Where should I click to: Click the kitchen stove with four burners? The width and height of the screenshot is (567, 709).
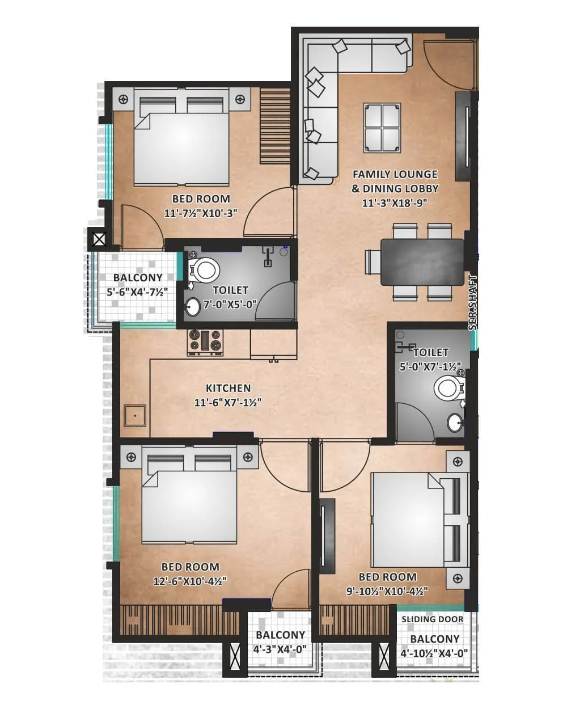pos(205,343)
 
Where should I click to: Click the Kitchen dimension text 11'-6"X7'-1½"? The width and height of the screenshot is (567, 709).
pos(227,403)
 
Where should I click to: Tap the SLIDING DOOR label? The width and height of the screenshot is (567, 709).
pos(432,619)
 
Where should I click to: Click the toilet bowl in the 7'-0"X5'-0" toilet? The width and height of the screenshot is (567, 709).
pos(205,270)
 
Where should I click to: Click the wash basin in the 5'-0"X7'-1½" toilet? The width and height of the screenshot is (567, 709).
pos(454,422)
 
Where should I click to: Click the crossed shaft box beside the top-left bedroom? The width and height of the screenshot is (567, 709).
pos(99,239)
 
